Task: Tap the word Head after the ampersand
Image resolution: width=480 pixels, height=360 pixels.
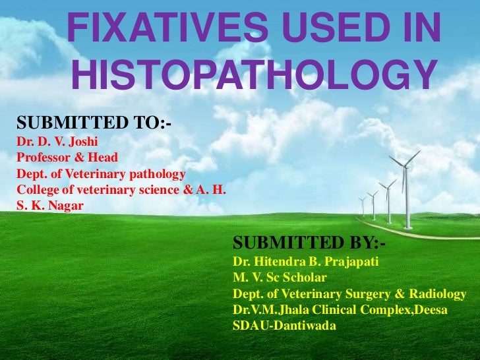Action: point(102,158)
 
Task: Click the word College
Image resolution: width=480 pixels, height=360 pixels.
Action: point(35,190)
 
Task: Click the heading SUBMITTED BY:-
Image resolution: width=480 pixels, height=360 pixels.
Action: point(309,243)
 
